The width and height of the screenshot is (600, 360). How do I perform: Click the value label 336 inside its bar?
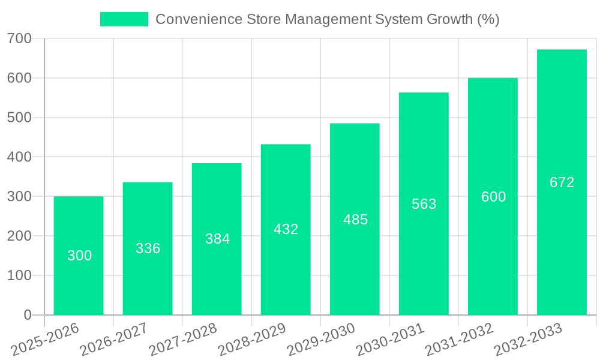148,248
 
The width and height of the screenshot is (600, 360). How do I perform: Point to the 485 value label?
355,220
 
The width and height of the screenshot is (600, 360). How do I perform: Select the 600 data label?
493,197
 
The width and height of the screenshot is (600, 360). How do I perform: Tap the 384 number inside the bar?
217,239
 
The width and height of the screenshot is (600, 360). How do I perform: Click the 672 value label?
562,182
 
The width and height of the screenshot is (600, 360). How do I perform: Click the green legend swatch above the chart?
124,19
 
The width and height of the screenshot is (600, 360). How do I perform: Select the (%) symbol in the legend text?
488,19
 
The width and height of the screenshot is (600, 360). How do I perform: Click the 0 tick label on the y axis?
27,315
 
